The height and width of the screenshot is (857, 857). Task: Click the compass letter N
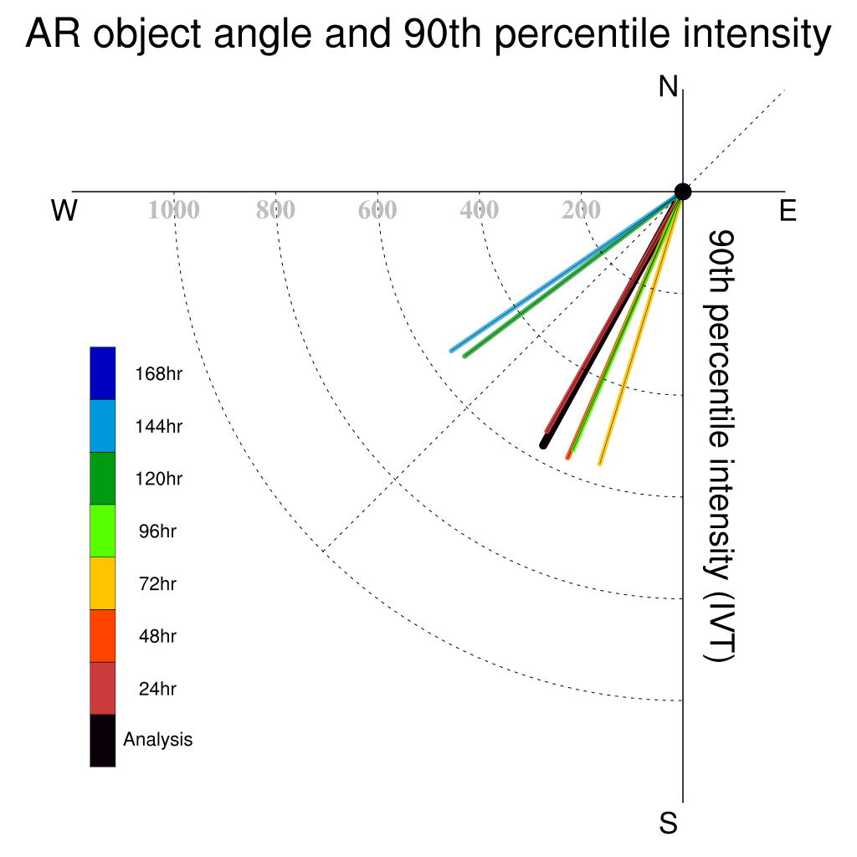[x=668, y=87]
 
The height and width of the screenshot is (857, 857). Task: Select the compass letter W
[x=64, y=210]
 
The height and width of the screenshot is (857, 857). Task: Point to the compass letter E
[x=788, y=210]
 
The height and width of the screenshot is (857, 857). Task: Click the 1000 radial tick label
[x=174, y=210]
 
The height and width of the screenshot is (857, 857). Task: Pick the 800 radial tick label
[x=275, y=210]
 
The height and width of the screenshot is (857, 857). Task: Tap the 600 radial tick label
[x=377, y=210]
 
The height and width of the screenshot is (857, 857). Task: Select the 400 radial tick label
[x=480, y=210]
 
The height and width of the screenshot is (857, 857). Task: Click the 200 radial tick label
[x=581, y=210]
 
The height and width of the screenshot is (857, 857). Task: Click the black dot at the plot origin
[x=683, y=192]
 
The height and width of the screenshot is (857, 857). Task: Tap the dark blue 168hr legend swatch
[x=103, y=373]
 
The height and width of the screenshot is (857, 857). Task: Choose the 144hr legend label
[x=158, y=426]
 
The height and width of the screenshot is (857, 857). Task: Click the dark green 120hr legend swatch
[x=103, y=478]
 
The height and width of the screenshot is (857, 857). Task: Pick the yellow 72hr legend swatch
[x=103, y=583]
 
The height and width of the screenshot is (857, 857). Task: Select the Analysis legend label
[x=158, y=740]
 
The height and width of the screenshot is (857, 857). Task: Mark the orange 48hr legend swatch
[x=103, y=636]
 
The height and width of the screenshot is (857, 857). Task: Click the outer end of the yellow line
[x=600, y=464]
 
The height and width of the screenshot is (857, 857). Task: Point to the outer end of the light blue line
[x=451, y=351]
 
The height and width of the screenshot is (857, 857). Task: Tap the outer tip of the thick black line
[x=542, y=446]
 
